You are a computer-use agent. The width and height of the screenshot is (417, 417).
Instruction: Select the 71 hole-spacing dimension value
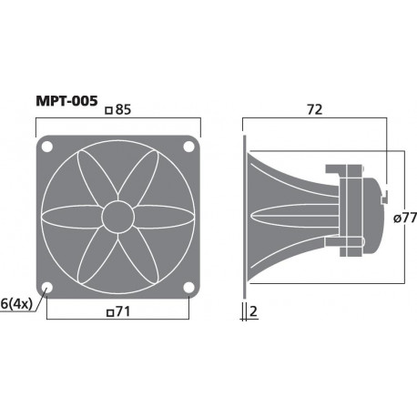(121, 314)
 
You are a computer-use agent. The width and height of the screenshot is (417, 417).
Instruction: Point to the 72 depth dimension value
(316, 110)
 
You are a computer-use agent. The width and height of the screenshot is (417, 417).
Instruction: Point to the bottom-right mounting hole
(188, 288)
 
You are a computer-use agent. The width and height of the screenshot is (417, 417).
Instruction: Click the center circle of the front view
(117, 217)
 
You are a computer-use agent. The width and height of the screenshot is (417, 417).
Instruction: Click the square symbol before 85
(109, 111)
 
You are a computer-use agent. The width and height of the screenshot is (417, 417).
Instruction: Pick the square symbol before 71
(109, 315)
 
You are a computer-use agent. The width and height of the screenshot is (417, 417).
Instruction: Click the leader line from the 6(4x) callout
(38, 298)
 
